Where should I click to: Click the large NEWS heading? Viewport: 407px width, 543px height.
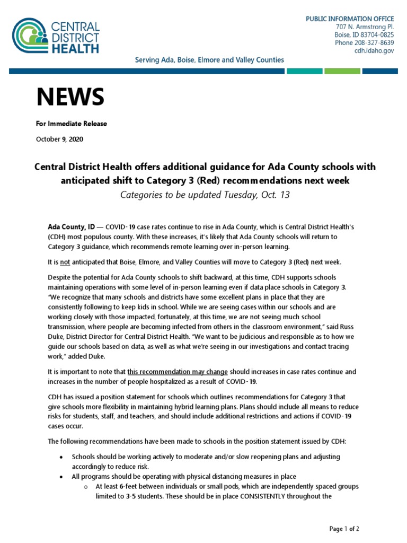point(70,97)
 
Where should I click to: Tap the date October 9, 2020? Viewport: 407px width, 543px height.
point(59,139)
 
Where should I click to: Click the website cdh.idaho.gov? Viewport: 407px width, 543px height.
point(374,50)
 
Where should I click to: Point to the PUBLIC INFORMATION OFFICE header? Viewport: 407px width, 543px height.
point(350,19)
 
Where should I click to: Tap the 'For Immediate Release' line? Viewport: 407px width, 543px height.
point(71,124)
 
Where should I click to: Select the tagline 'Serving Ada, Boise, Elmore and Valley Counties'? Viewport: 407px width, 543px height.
point(208,60)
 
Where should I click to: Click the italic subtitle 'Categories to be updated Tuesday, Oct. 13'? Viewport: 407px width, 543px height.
point(205,195)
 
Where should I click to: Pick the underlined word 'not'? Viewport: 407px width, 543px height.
point(65,262)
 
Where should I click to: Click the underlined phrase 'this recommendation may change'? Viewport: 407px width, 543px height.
point(178,372)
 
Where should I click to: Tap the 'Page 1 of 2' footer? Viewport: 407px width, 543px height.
point(344,529)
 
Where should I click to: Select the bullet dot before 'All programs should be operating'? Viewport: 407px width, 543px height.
point(61,477)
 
